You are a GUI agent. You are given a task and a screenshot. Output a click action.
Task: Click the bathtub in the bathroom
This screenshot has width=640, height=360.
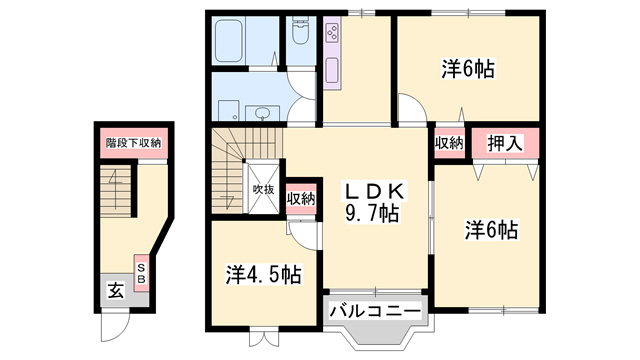(229, 41)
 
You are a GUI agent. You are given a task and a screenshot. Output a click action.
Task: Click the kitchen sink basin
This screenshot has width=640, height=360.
(332, 70)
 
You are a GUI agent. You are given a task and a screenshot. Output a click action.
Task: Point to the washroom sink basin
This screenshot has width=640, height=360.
(262, 113)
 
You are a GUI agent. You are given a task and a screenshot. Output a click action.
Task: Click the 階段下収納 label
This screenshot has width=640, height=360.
(133, 143)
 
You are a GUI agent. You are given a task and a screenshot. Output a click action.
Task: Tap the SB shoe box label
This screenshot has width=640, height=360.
(141, 273)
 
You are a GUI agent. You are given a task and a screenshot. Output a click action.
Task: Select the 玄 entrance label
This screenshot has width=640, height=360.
(116, 291)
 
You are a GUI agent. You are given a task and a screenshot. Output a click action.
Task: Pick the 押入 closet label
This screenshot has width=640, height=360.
(504, 144)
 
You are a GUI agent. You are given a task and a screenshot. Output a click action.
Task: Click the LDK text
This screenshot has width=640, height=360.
(375, 191)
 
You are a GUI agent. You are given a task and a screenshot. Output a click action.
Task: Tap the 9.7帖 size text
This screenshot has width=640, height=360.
(372, 212)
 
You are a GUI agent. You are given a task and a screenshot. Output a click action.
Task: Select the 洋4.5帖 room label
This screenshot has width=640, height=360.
(264, 275)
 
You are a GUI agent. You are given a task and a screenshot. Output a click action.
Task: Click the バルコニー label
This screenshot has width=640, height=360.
(375, 312)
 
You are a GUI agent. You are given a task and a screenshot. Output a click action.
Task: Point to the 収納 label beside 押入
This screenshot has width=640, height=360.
(449, 143)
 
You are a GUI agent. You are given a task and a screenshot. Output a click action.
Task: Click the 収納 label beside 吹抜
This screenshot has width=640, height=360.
(301, 199)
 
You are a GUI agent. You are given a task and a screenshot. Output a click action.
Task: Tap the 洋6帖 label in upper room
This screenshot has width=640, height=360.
(468, 69)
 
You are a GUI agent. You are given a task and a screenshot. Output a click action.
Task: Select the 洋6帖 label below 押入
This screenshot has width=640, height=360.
(491, 230)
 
